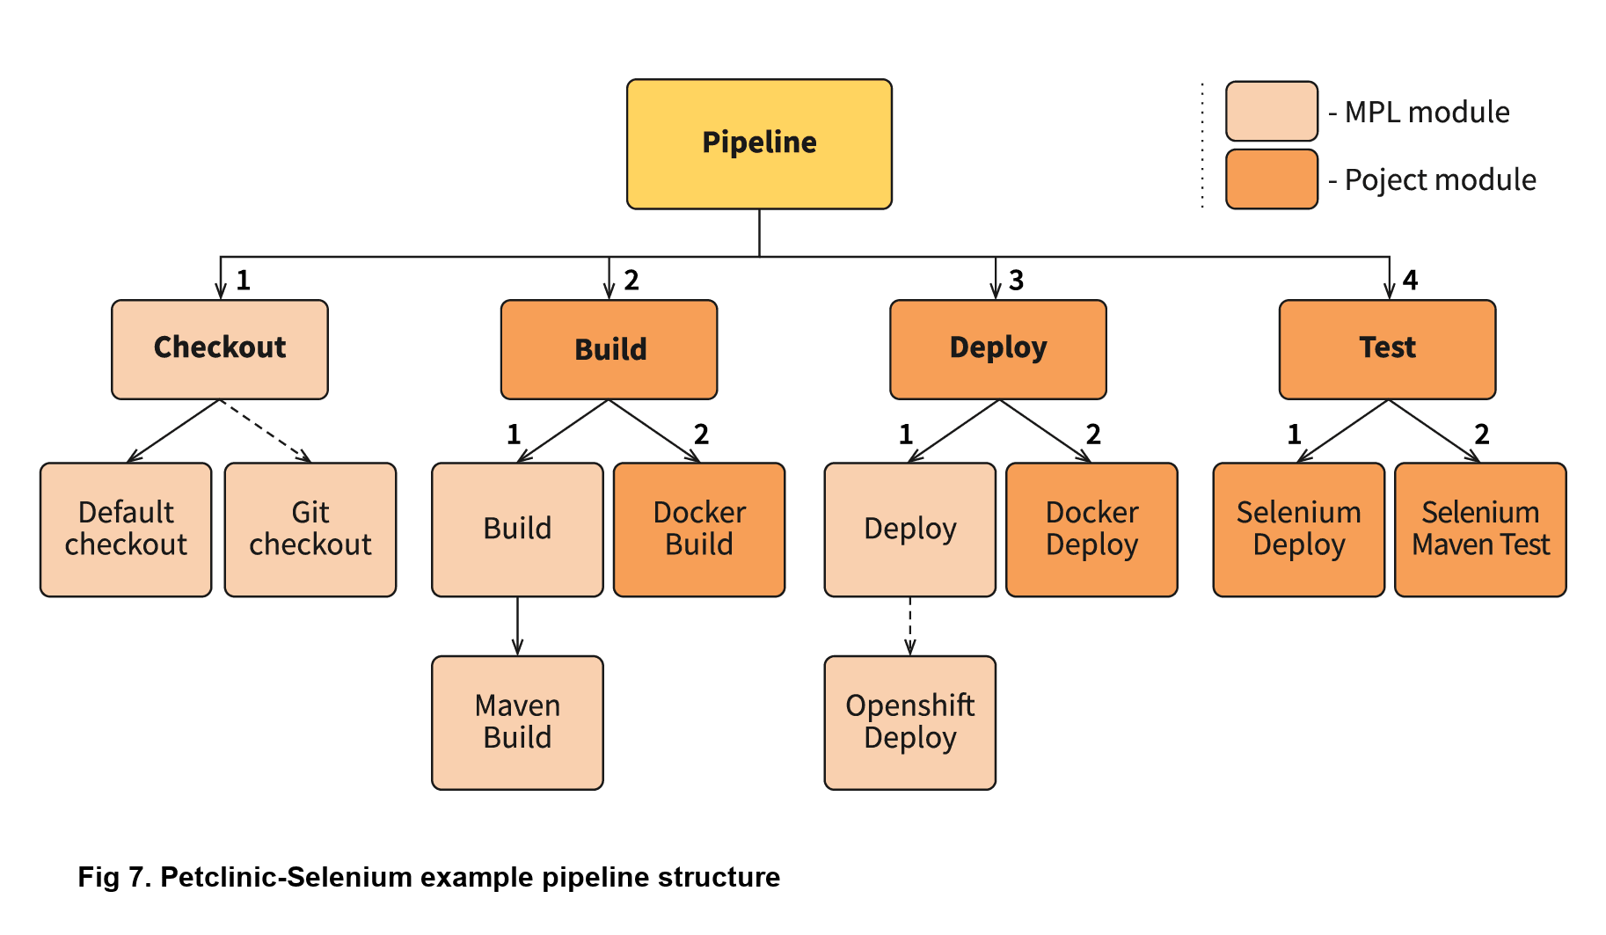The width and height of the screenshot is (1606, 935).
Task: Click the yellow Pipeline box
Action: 759,144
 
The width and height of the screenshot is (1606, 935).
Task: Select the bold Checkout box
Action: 220,349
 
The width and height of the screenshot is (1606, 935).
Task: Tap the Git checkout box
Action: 310,530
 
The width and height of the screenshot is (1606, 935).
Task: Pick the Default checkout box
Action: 126,530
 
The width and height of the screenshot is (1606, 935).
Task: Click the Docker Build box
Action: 699,530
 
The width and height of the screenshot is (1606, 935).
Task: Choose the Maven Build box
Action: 517,722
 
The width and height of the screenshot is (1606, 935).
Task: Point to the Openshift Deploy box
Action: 909,722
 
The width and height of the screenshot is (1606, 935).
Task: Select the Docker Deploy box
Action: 1091,530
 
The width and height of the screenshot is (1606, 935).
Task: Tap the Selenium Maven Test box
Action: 1480,530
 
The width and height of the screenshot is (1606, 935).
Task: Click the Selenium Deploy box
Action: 1298,530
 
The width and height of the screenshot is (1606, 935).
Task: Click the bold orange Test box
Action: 1387,349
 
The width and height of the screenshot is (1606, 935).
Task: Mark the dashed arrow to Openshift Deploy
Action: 909,626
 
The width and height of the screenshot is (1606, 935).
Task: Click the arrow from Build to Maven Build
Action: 517,626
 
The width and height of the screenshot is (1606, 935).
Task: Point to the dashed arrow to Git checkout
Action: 264,430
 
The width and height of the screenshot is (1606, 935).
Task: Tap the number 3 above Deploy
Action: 1016,281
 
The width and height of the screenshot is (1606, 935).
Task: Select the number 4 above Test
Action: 1410,281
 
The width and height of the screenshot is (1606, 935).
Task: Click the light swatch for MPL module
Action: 1272,112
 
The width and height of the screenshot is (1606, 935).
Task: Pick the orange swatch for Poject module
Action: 1272,179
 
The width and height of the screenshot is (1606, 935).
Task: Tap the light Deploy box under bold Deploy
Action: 909,530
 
